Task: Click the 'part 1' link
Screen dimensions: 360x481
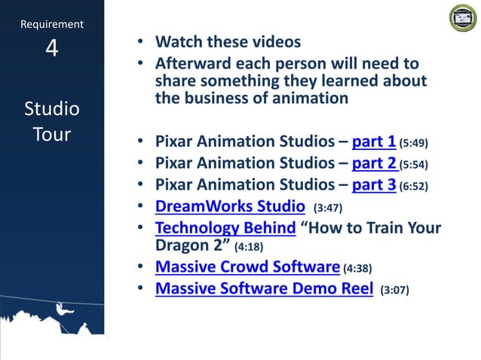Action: pyautogui.click(x=373, y=142)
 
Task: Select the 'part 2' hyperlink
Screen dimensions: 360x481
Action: pyautogui.click(x=374, y=163)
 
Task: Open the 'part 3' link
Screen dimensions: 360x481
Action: pyautogui.click(x=373, y=185)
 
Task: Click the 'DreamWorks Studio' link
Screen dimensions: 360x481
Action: pyautogui.click(x=229, y=206)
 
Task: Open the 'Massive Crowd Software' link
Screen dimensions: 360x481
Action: pyautogui.click(x=247, y=266)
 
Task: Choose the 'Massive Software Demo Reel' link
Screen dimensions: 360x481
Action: pyautogui.click(x=264, y=288)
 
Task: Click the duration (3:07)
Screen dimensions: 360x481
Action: pyautogui.click(x=395, y=289)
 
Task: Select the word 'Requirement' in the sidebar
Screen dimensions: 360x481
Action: pyautogui.click(x=51, y=24)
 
